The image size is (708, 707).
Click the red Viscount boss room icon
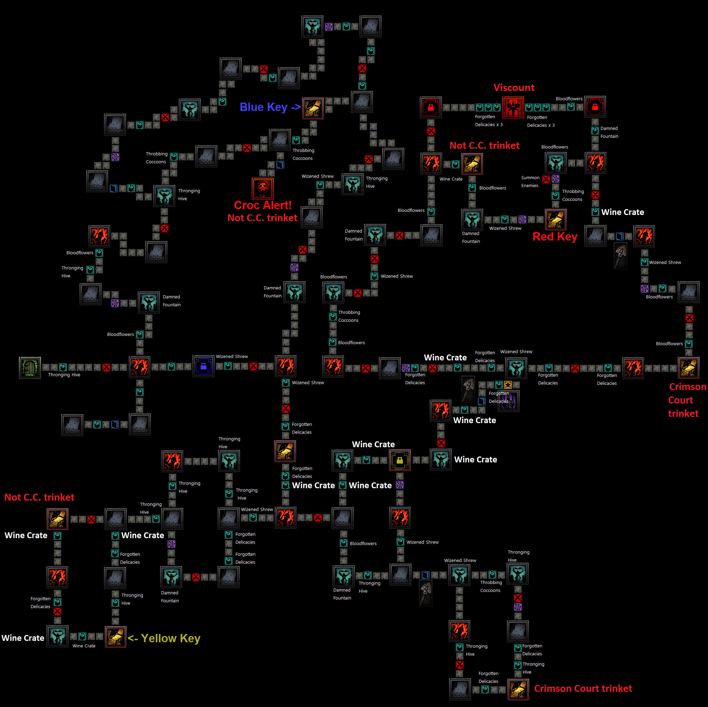pyautogui.click(x=513, y=107)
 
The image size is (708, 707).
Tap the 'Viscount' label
pyautogui.click(x=514, y=87)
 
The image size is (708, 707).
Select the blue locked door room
pyautogui.click(x=204, y=366)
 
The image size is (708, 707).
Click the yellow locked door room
pyautogui.click(x=399, y=460)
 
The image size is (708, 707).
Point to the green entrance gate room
pyautogui.click(x=30, y=367)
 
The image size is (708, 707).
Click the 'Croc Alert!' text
pyautogui.click(x=263, y=205)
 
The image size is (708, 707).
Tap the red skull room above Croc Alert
pyautogui.click(x=263, y=188)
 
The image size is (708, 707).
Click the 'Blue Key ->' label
pyautogui.click(x=270, y=107)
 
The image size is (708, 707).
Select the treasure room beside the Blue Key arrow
pyautogui.click(x=313, y=108)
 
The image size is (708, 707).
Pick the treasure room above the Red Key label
pyautogui.click(x=555, y=219)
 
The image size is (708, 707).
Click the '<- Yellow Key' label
pyautogui.click(x=164, y=638)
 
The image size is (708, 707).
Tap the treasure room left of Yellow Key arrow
pyautogui.click(x=115, y=637)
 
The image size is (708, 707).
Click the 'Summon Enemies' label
pyautogui.click(x=530, y=182)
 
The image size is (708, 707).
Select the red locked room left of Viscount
pyautogui.click(x=430, y=107)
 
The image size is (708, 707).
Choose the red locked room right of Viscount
pyautogui.click(x=595, y=107)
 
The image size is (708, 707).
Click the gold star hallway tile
pyautogui.click(x=508, y=385)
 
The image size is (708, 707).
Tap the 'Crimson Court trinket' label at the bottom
pyautogui.click(x=583, y=689)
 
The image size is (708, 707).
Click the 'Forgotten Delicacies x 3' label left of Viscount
pyautogui.click(x=489, y=121)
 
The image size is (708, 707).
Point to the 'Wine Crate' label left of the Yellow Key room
pyautogui.click(x=84, y=646)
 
